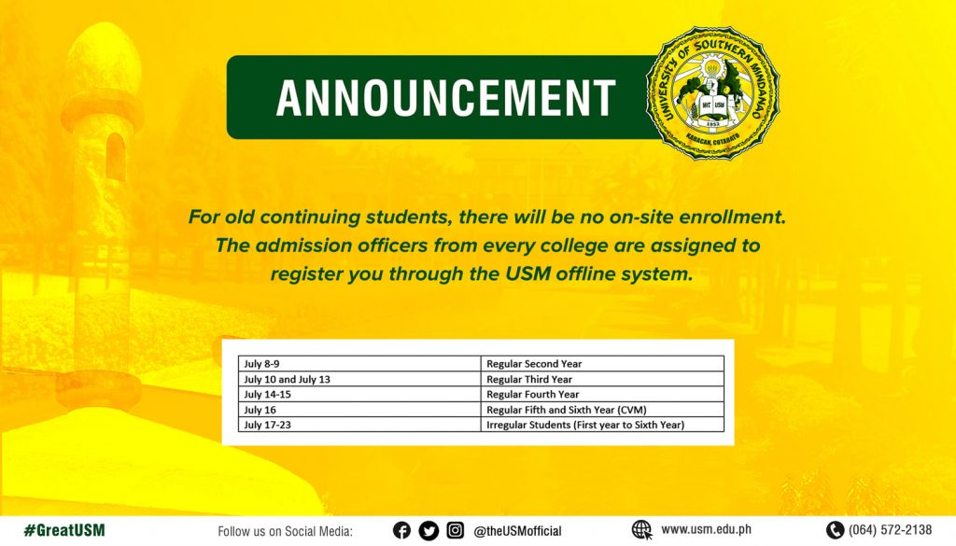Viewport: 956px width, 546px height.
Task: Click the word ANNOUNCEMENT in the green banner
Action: click(445, 97)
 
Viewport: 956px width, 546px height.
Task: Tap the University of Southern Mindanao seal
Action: click(712, 93)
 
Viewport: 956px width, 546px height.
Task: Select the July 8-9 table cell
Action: click(359, 364)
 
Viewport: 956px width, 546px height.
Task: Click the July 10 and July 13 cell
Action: click(359, 379)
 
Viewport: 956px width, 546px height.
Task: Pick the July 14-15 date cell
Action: click(359, 394)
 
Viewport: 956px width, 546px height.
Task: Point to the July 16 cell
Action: click(359, 410)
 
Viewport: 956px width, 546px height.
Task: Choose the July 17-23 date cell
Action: click(359, 425)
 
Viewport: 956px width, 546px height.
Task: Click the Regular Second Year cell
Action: click(602, 364)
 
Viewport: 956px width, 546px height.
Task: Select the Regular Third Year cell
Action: click(602, 379)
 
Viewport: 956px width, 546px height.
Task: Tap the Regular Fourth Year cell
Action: click(602, 394)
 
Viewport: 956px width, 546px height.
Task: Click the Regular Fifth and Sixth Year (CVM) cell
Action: click(602, 410)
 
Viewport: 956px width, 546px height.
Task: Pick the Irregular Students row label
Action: click(585, 425)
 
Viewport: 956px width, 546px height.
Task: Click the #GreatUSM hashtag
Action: click(64, 530)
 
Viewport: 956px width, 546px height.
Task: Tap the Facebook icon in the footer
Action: click(401, 531)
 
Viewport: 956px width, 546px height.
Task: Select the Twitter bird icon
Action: click(429, 531)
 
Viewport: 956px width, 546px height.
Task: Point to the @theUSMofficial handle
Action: click(517, 531)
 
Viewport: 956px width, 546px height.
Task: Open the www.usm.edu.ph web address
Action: click(706, 529)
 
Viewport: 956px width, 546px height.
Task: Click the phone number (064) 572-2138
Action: click(890, 530)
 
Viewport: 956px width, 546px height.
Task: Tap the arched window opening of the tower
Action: click(115, 157)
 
